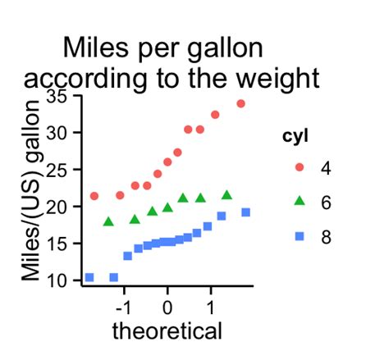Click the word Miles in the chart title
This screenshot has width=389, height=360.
tap(93, 48)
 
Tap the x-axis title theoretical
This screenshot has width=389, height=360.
tap(167, 331)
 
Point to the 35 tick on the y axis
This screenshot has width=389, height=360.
tap(58, 96)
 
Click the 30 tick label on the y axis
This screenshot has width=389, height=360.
tap(58, 133)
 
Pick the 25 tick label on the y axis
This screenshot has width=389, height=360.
tap(58, 170)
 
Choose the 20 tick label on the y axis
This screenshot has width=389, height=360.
tap(58, 207)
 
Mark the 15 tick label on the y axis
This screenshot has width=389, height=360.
tap(58, 244)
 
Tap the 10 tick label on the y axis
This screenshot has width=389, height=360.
tap(58, 280)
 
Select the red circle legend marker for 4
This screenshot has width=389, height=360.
tap(299, 167)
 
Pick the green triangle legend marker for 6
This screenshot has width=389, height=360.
tap(299, 201)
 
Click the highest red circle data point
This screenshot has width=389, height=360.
tap(240, 103)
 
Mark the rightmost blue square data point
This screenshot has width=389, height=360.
tap(245, 212)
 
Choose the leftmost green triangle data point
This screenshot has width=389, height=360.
tap(108, 221)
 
